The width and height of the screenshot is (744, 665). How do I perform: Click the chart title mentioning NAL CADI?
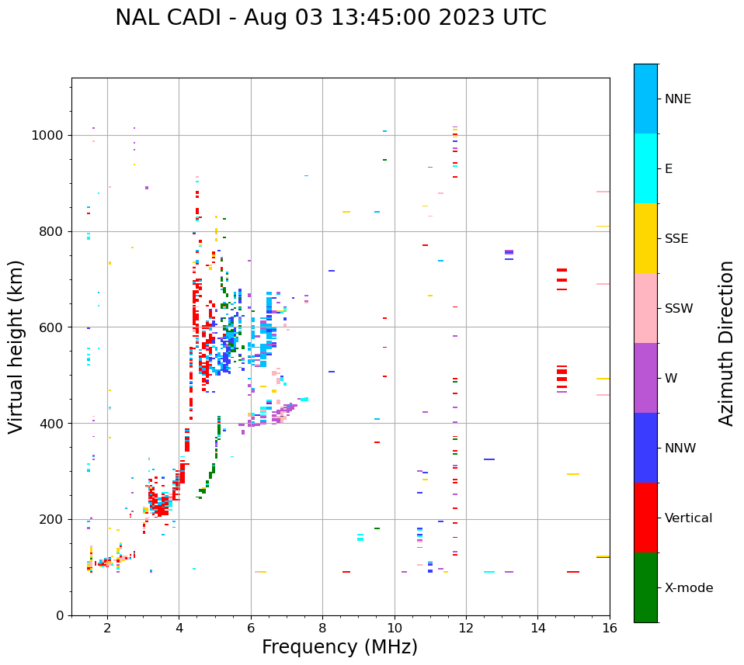click(331, 18)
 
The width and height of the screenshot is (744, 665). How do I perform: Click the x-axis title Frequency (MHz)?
click(339, 647)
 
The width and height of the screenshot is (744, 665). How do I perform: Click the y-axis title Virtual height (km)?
click(16, 347)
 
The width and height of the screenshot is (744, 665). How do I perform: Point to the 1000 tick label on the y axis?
click(48, 136)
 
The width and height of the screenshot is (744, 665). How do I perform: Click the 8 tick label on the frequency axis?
click(323, 628)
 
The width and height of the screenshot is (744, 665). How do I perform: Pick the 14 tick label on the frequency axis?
click(538, 628)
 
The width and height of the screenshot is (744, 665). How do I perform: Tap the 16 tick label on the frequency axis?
click(610, 628)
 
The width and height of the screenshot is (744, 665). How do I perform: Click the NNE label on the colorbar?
click(677, 99)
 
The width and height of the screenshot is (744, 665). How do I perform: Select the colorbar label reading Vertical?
click(688, 518)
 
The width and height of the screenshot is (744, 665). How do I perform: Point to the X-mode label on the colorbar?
click(689, 588)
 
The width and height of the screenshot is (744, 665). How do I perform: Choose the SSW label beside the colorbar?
click(679, 309)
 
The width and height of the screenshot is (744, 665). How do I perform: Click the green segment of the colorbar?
click(645, 587)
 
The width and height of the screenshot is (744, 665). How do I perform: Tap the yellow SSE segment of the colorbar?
click(645, 238)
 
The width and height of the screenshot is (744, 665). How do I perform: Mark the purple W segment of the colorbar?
click(645, 378)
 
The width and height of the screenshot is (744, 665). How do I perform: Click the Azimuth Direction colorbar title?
click(727, 343)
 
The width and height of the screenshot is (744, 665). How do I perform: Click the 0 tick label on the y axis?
click(59, 616)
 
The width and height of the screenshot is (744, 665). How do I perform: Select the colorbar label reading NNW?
click(680, 449)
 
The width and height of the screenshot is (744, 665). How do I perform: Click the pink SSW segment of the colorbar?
click(645, 308)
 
